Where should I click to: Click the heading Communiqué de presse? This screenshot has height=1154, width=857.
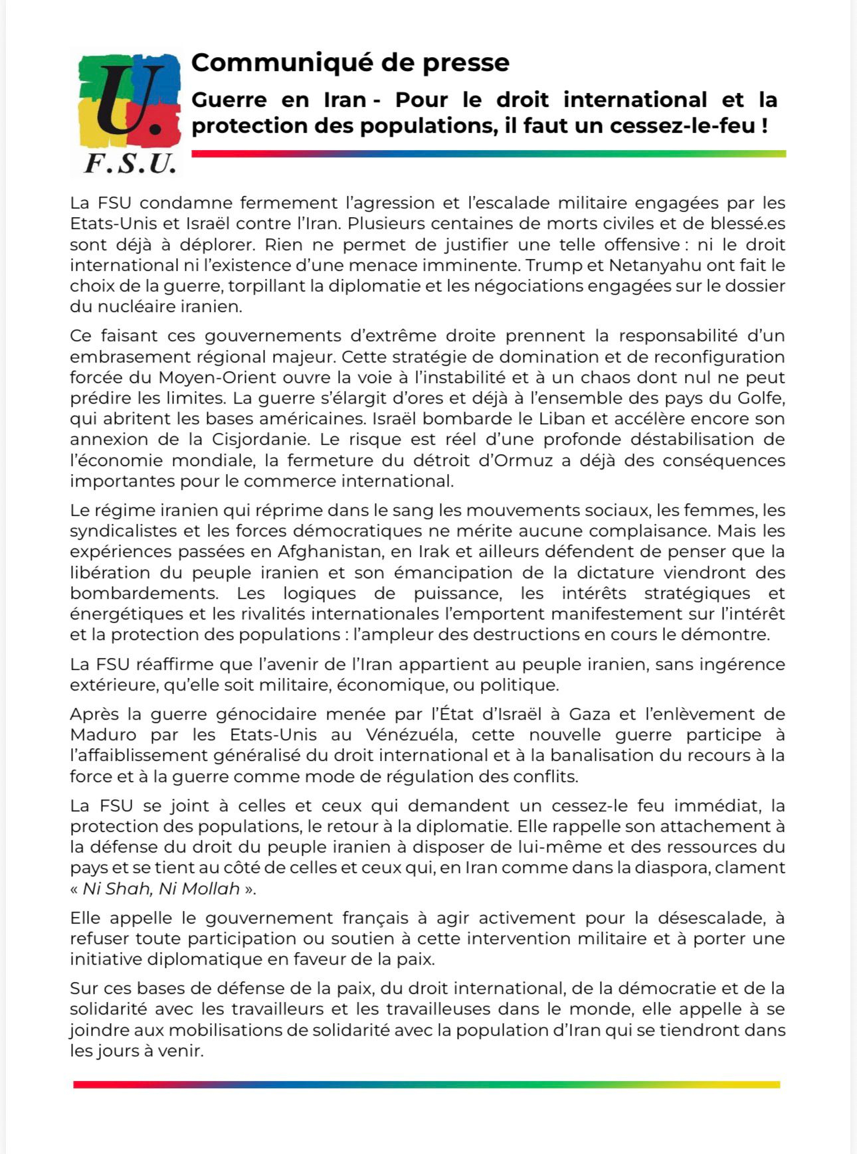[x=350, y=62]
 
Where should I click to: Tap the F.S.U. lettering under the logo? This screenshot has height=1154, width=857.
[x=130, y=163]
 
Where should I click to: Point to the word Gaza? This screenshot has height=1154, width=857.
[x=587, y=714]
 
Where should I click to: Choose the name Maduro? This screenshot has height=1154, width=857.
[x=103, y=735]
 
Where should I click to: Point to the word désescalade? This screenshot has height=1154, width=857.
[x=710, y=918]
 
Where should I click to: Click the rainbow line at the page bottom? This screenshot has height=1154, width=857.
[x=427, y=1085]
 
